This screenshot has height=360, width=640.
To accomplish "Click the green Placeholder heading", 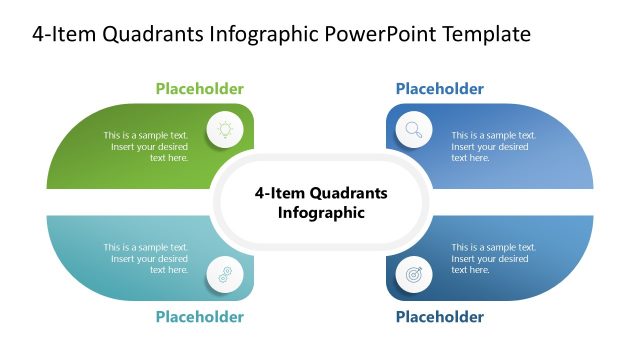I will click(x=199, y=89).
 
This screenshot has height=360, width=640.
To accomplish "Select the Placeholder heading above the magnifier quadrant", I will click(x=439, y=89).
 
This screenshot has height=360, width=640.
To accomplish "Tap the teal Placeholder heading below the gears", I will click(x=199, y=317).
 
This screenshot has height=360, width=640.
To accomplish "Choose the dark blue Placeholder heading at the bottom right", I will click(x=439, y=317).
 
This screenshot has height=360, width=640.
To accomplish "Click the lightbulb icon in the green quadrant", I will click(x=225, y=129).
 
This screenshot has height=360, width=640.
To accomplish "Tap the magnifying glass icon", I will click(x=413, y=129).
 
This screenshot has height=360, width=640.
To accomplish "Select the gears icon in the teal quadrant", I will click(x=225, y=273).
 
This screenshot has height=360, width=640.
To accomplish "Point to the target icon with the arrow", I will click(x=413, y=273).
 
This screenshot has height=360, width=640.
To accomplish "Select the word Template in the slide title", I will click(x=487, y=34).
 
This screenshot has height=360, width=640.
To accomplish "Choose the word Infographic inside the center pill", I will click(x=321, y=212).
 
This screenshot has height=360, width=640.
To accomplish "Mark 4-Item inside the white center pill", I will click(x=279, y=193).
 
